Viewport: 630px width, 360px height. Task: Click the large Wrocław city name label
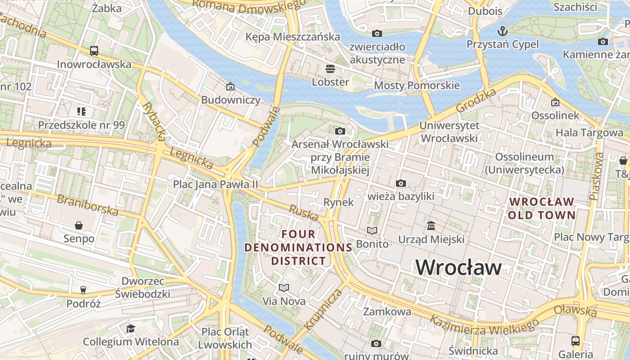458,267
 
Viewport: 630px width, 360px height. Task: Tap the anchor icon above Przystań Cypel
502,31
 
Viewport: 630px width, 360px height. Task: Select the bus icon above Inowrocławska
94,51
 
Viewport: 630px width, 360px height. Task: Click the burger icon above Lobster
330,69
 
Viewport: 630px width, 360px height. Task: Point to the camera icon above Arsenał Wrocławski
340,131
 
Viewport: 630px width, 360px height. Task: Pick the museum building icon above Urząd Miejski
431,225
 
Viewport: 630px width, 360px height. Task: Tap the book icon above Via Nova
283,288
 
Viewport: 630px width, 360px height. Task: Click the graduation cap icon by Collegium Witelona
130,328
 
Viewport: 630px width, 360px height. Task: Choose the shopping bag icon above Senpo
79,225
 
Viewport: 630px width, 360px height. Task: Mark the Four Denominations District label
298,247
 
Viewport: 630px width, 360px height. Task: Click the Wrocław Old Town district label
541,208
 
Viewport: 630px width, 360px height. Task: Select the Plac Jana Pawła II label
216,184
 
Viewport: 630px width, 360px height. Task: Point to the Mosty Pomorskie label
417,85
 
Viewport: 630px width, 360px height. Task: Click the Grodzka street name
476,100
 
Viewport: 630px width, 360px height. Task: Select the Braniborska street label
87,205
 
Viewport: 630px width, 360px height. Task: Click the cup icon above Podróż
83,290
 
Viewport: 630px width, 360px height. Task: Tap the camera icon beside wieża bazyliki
400,183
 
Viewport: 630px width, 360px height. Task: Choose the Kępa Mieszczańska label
292,37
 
